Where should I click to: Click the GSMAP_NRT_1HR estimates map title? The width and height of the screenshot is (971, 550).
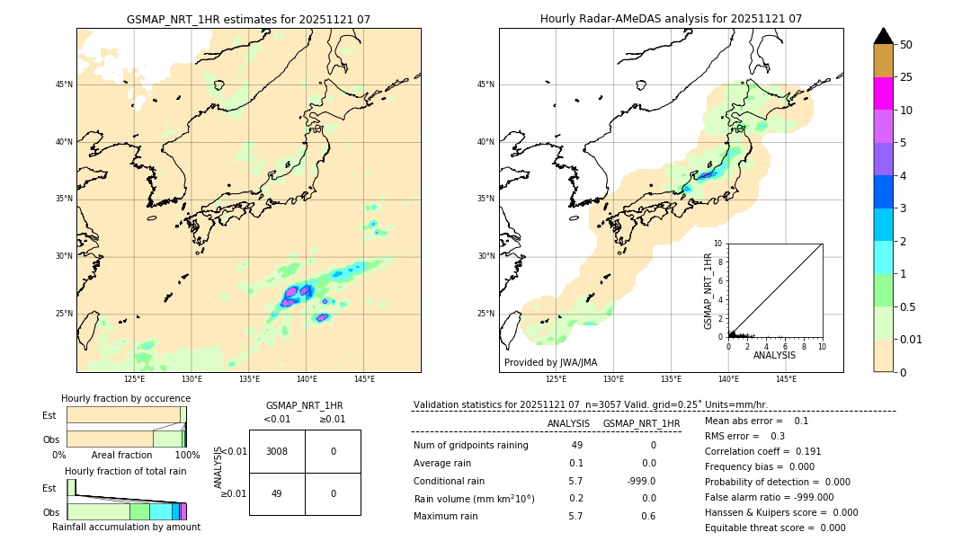tap(248, 19)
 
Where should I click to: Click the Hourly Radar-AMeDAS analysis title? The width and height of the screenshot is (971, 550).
tap(671, 19)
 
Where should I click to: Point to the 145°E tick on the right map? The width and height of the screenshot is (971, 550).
tap(786, 379)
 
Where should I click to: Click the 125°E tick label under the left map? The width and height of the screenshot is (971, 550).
tap(134, 379)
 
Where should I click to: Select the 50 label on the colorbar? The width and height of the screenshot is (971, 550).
tap(907, 44)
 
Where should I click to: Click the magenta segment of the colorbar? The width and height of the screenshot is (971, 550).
tap(884, 93)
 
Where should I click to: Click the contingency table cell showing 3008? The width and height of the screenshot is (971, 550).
tap(277, 451)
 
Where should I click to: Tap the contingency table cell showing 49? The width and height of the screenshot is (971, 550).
tap(277, 493)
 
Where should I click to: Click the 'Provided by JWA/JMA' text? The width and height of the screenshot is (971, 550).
tap(550, 363)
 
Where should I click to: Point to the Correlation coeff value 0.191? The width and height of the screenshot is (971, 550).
tap(807, 451)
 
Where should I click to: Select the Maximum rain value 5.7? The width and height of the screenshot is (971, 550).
tap(575, 516)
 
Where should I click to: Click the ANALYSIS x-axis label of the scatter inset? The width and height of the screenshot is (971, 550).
tap(774, 356)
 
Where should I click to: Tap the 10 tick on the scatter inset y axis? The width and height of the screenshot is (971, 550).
tap(718, 244)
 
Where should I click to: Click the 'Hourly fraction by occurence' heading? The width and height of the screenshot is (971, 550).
tap(126, 398)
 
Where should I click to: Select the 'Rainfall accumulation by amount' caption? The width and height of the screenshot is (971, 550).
tap(126, 528)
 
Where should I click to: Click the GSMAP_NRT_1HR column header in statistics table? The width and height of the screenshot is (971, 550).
tap(641, 423)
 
